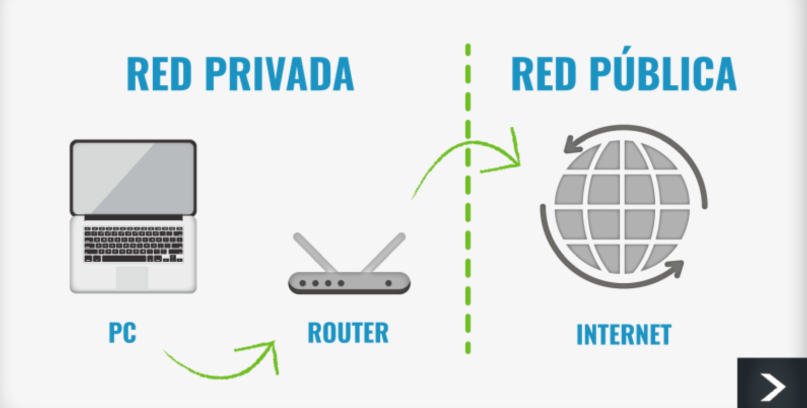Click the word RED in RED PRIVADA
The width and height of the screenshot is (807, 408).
159,74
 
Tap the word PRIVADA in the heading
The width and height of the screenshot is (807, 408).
279,74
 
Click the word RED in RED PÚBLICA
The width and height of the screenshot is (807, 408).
544,74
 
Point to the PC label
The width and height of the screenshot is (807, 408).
122,333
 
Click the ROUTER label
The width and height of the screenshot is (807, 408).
348,333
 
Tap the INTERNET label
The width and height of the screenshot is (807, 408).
624,335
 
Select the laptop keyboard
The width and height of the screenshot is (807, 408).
133,244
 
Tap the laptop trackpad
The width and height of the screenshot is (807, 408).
132,278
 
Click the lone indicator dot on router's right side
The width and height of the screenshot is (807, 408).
389,283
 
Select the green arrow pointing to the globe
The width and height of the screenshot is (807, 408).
457,150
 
